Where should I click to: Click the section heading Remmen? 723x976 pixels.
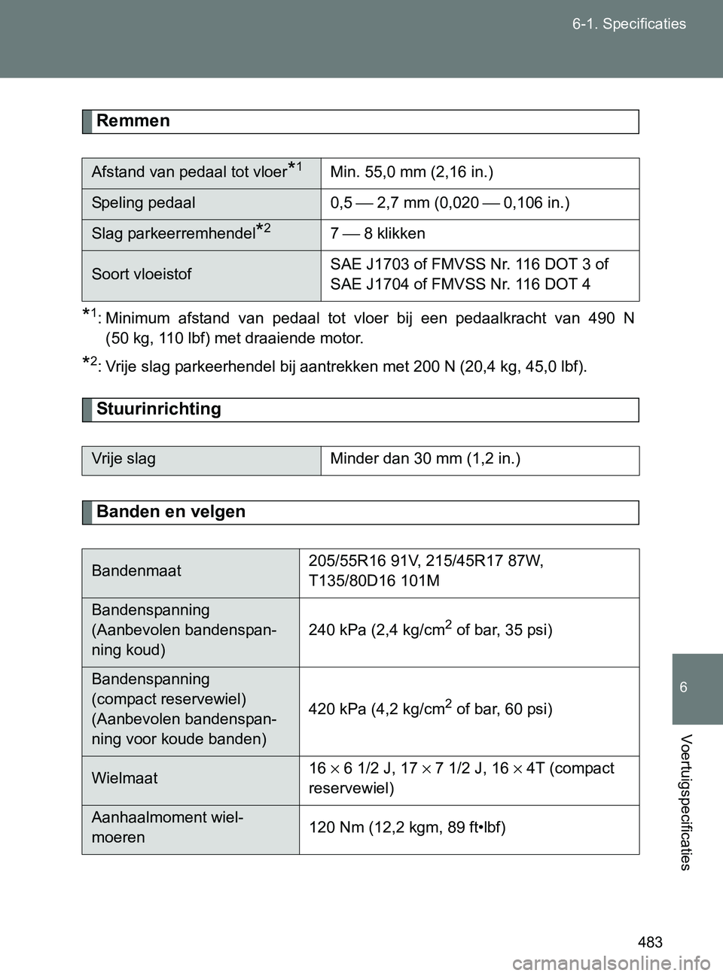pyautogui.click(x=133, y=121)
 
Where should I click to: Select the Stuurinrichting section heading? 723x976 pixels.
pyautogui.click(x=159, y=409)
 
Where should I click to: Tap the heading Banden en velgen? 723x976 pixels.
pyautogui.click(x=171, y=512)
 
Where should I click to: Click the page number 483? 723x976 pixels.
pyautogui.click(x=650, y=942)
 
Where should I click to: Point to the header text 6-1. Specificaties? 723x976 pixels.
pyautogui.click(x=629, y=24)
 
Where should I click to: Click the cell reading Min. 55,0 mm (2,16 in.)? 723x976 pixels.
pyautogui.click(x=412, y=172)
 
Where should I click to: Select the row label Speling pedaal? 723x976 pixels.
pyautogui.click(x=144, y=203)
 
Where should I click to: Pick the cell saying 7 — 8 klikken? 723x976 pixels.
pyautogui.click(x=378, y=234)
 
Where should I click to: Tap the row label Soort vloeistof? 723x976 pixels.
pyautogui.click(x=142, y=275)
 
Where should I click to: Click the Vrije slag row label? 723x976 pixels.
pyautogui.click(x=124, y=459)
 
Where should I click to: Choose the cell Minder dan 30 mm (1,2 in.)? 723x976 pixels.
pyautogui.click(x=426, y=459)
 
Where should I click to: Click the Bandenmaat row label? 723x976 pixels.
pyautogui.click(x=136, y=571)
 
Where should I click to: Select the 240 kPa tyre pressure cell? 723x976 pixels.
pyautogui.click(x=430, y=631)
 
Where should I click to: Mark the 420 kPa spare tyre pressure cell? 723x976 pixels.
pyautogui.click(x=430, y=710)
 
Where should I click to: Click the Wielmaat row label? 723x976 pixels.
pyautogui.click(x=124, y=779)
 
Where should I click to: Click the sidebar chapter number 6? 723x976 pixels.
pyautogui.click(x=683, y=688)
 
